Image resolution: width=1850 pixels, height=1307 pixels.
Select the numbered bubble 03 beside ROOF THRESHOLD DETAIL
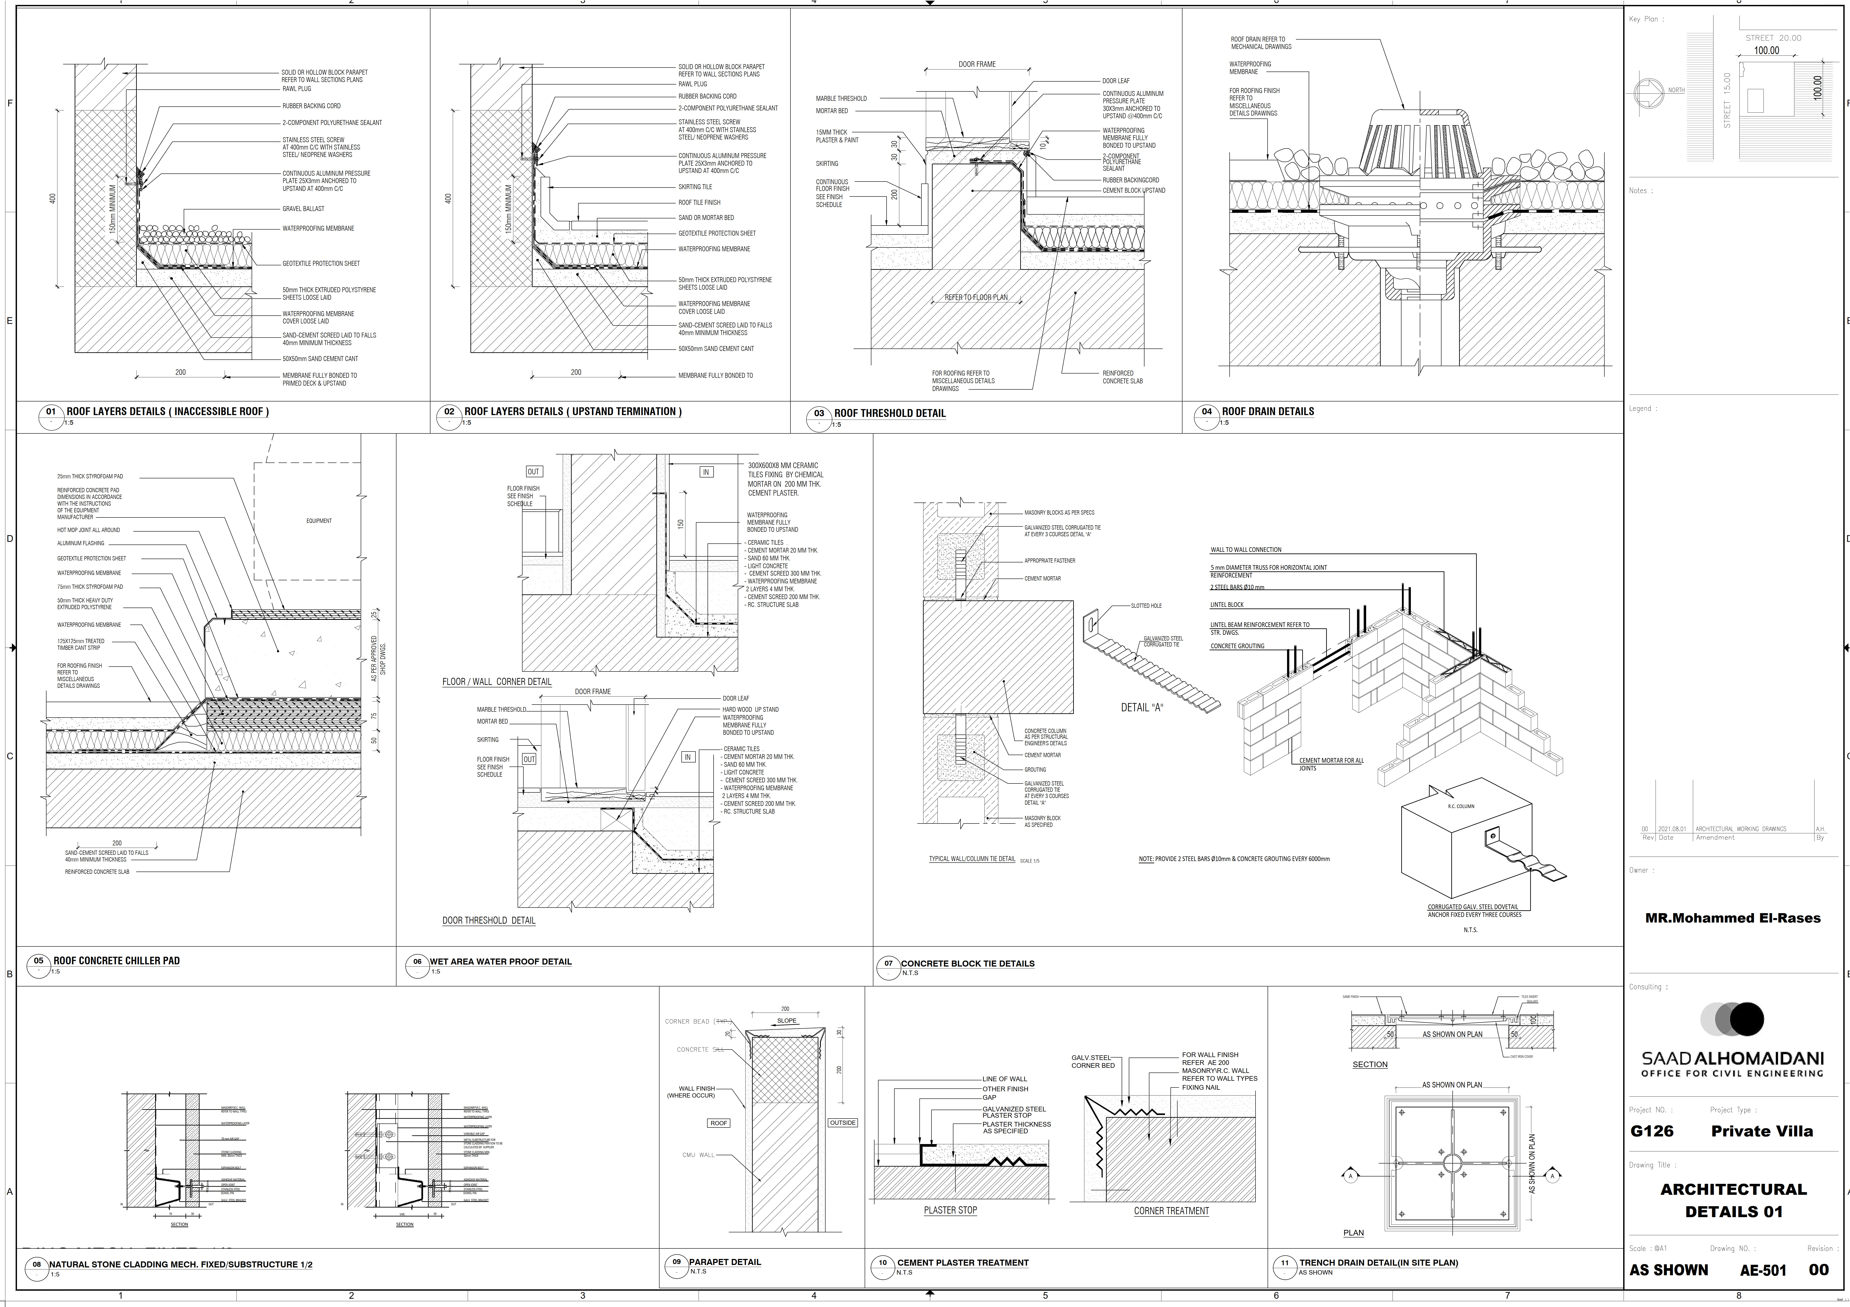pos(819,413)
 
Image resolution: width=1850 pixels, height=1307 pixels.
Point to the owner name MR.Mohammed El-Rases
pos(1732,918)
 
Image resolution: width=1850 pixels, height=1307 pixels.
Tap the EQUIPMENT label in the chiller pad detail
pos(319,521)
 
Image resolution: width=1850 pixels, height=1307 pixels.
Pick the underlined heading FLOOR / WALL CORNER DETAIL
pos(496,682)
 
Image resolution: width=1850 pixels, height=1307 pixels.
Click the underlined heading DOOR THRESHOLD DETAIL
pos(488,920)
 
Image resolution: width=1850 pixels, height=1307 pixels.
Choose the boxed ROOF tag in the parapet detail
pos(718,1122)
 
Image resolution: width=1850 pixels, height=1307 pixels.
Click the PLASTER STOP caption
pos(950,1210)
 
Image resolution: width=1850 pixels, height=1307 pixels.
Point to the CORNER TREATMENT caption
pos(1171,1211)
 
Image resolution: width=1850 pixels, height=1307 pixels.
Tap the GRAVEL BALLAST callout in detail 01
pos(303,209)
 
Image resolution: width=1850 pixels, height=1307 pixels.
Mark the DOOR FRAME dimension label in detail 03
pos(977,64)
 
